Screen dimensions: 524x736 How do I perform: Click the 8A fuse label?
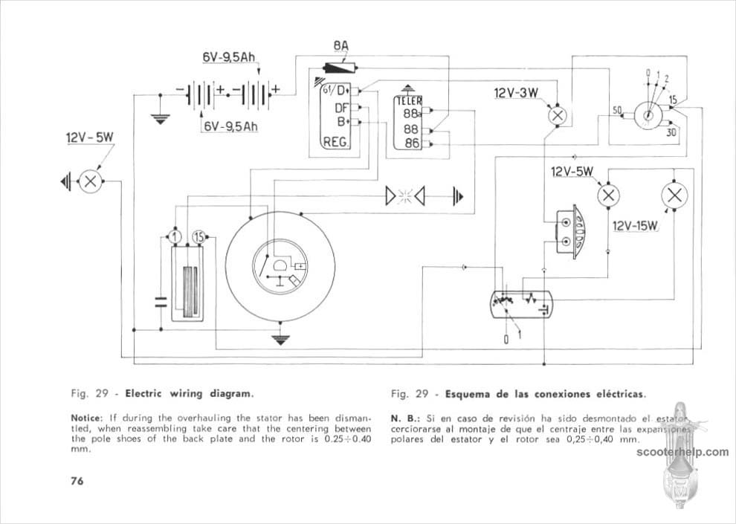point(340,47)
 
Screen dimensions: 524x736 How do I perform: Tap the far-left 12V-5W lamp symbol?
point(91,181)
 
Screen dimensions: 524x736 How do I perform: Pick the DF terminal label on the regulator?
point(342,106)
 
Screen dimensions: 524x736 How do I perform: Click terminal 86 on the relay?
point(411,143)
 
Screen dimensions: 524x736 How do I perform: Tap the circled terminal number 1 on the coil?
point(174,236)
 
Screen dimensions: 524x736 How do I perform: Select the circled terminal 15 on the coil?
point(198,236)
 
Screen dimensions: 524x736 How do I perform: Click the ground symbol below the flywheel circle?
point(280,340)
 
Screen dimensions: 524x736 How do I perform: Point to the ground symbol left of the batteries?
point(158,117)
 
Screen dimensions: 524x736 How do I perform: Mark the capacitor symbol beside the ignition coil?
point(159,302)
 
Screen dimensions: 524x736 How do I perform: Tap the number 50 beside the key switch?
point(617,110)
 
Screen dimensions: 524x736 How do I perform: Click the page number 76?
point(77,480)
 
